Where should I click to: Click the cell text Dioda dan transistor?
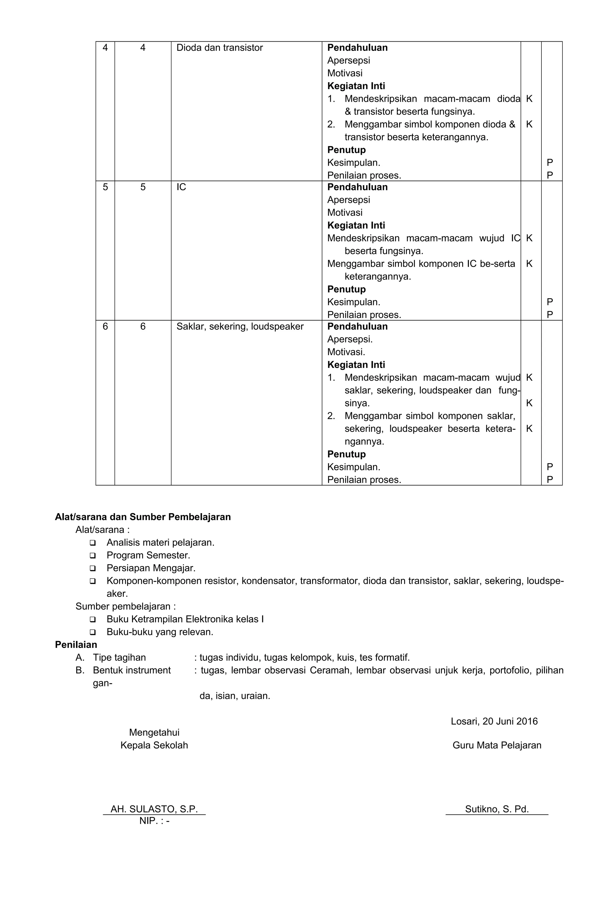(219, 47)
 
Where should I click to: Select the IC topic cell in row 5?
(181, 187)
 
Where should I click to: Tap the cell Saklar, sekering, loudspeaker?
(240, 326)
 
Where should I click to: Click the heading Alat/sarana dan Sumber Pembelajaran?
(143, 517)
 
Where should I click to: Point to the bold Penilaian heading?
(76, 644)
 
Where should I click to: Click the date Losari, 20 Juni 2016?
(494, 721)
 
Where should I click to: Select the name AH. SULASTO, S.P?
(154, 809)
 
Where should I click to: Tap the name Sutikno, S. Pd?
(497, 809)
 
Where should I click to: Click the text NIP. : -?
(154, 820)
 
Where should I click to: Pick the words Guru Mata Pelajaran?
(497, 745)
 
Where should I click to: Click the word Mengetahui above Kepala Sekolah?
(154, 732)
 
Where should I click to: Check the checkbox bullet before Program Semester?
(92, 555)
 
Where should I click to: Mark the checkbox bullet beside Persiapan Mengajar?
(92, 568)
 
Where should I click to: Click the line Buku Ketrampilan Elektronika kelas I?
(185, 619)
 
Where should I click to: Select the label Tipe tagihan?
(119, 658)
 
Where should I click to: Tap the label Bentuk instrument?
(132, 670)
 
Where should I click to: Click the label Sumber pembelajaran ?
(125, 606)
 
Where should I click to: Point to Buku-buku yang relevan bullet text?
(160, 632)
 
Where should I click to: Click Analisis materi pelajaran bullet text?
(160, 542)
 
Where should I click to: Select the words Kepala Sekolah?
(154, 745)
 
